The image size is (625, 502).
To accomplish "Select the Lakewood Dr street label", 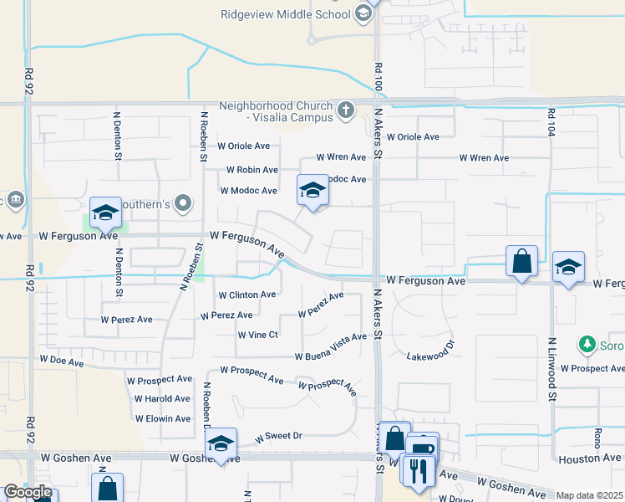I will (x=431, y=350).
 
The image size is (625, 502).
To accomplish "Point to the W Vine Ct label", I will (x=257, y=335).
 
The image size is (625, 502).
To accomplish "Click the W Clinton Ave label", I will (x=246, y=295).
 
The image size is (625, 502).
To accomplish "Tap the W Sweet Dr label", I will (x=277, y=436).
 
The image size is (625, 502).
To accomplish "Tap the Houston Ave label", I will (x=591, y=458).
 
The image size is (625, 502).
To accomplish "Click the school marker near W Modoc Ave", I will (x=312, y=190).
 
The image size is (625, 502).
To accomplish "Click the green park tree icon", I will (x=587, y=344).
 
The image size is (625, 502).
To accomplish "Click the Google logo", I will (x=28, y=493).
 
